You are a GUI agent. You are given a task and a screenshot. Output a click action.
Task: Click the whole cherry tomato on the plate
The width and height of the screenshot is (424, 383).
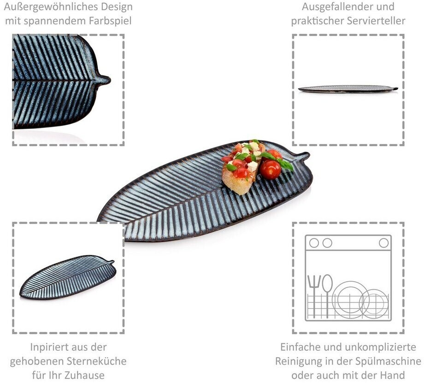[x=271, y=170]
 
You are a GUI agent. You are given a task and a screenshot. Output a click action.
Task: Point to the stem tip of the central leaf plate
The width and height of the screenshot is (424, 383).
[x=308, y=155]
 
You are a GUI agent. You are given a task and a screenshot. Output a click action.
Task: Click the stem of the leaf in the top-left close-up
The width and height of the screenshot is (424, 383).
[x=104, y=80]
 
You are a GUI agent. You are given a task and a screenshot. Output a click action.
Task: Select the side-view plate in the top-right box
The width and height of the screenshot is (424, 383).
[x=348, y=89]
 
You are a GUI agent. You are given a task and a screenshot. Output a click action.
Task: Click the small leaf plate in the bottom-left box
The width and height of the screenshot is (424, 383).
[x=68, y=277]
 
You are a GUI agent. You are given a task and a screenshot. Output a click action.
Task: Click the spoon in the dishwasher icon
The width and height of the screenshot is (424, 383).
[x=327, y=296]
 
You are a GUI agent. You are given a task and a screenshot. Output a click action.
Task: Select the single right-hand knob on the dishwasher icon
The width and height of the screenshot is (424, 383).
[x=384, y=243]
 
